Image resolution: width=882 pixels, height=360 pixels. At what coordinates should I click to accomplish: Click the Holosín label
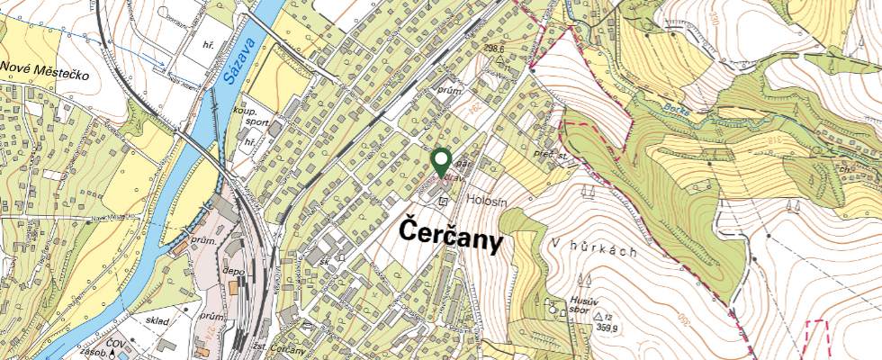coord(487,203)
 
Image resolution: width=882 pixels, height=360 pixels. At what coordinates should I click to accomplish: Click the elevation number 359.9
coord(609,328)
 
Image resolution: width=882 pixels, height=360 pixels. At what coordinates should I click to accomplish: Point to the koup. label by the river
coord(247,111)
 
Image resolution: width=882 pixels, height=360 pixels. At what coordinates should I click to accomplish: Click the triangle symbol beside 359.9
coord(598,316)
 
